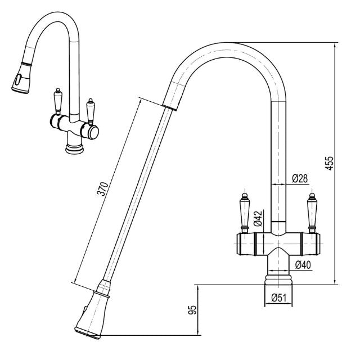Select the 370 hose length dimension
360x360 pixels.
tap(102, 190)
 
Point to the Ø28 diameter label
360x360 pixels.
tap(300, 179)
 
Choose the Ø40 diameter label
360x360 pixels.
tap(301, 265)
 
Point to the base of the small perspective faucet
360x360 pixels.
tap(74, 147)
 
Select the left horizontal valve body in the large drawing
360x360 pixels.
tap(250, 244)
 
